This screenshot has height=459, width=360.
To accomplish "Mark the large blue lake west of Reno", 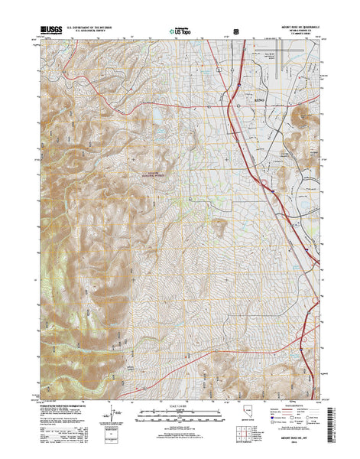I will (x=157, y=116).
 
